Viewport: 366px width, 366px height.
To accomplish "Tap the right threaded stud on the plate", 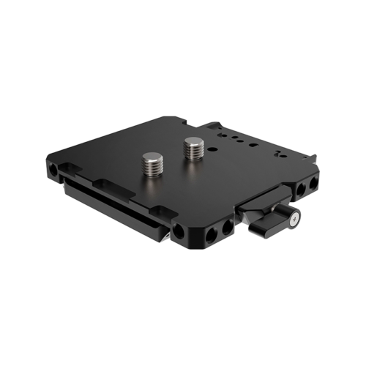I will click(x=194, y=149).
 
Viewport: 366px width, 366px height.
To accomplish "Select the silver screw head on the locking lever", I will click(x=294, y=217).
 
